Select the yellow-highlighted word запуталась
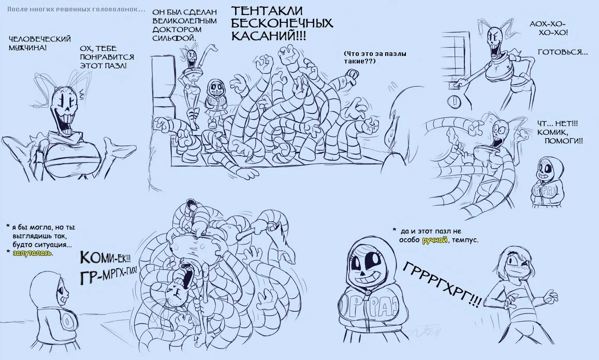33,253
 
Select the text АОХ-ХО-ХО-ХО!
549,28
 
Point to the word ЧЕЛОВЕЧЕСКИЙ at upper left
40,39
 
